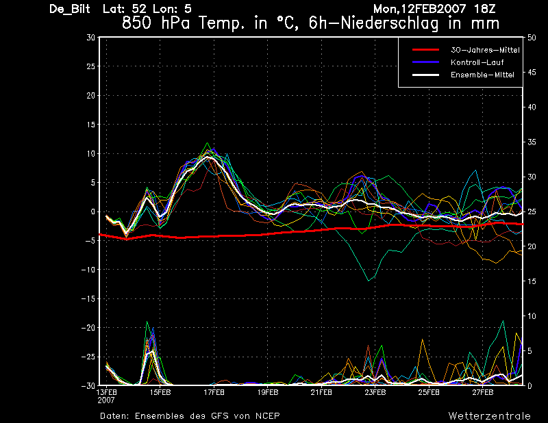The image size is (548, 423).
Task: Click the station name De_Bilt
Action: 70,9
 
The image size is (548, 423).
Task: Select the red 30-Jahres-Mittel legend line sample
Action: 425,50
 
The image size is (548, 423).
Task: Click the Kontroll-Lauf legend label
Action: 477,62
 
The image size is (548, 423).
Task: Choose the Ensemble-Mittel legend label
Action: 482,75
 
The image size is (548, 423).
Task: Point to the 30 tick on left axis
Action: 90,38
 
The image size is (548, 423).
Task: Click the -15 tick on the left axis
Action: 88,298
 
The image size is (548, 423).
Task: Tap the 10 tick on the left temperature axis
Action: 90,153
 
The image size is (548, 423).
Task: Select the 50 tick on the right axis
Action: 532,38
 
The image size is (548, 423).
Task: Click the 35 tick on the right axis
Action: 532,142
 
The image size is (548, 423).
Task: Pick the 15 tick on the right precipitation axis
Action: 532,281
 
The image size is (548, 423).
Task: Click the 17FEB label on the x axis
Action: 214,393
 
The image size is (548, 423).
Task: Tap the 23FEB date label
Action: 375,393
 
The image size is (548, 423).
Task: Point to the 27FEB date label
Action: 483,393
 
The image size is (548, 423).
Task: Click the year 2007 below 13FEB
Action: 106,400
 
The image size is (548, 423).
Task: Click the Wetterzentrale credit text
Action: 490,416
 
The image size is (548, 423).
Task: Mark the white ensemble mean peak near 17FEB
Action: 208,157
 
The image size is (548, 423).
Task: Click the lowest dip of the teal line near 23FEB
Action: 369,281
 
